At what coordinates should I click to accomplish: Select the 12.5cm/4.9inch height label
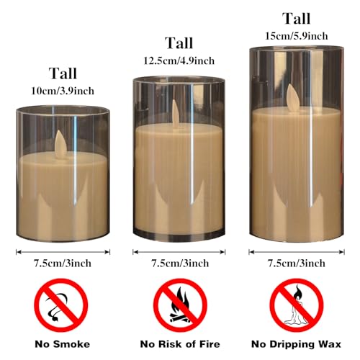179,60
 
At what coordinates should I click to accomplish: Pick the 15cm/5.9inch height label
297,35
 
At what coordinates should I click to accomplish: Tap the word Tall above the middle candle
179,44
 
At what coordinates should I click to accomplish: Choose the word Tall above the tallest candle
297,18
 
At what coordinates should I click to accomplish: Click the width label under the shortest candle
63,264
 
